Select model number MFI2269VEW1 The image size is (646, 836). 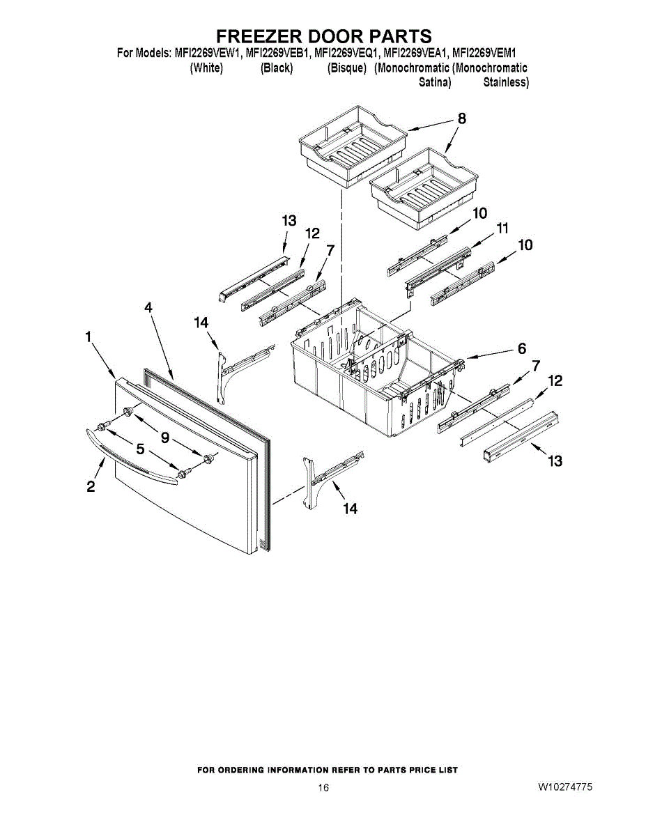click(x=208, y=53)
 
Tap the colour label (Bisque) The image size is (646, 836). click(x=346, y=68)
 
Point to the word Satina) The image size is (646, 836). click(x=435, y=82)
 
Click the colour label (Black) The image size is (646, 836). click(x=276, y=68)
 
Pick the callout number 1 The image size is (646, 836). click(x=89, y=337)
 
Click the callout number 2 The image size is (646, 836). click(x=91, y=487)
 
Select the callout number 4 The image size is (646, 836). click(x=148, y=307)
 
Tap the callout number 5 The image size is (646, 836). click(x=140, y=449)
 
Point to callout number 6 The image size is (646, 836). click(x=521, y=349)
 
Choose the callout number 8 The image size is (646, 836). click(x=461, y=118)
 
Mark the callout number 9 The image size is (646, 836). click(x=165, y=438)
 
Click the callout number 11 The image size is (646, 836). click(x=502, y=229)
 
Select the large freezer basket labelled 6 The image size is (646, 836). click(x=369, y=369)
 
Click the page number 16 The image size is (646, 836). click(x=323, y=788)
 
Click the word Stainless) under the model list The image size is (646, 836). click(x=506, y=82)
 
